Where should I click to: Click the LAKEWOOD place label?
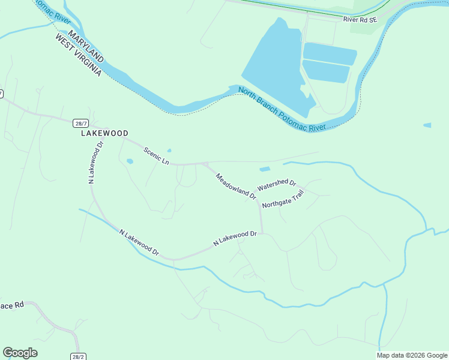(x=105, y=133)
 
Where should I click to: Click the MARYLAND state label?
(x=86, y=47)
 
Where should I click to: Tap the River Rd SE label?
(x=360, y=20)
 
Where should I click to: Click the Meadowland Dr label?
(x=236, y=186)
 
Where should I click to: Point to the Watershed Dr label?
(x=277, y=185)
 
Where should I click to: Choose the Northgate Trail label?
(x=284, y=199)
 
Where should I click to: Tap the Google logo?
(x=20, y=353)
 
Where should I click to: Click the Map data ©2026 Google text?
(x=412, y=355)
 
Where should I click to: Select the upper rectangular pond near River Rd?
(x=330, y=53)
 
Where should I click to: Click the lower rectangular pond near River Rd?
(x=326, y=71)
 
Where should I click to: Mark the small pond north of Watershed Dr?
(x=265, y=169)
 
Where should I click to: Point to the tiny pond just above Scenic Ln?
(x=169, y=151)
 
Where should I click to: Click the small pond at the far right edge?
(x=427, y=125)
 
